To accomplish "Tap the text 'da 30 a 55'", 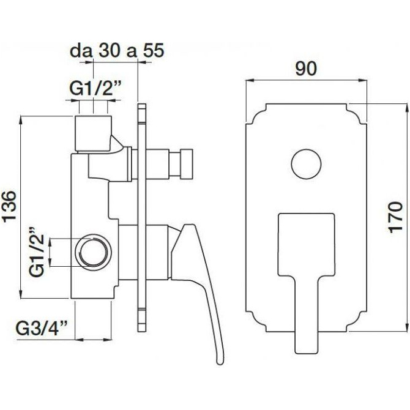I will click(x=117, y=51).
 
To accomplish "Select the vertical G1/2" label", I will click(x=39, y=252).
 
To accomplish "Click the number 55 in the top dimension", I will click(x=154, y=51).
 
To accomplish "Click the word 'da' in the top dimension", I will click(x=78, y=51).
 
